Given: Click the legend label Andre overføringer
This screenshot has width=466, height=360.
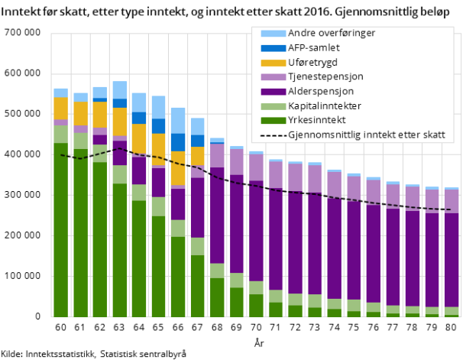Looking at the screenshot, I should click(331, 34).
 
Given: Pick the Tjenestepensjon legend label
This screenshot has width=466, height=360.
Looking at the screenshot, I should click(325, 77).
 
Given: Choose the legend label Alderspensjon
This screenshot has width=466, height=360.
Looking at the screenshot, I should click(321, 92).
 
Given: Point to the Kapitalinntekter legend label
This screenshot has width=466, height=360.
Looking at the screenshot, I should click(325, 106).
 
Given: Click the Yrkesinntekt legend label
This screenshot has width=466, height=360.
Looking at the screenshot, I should click(317, 121).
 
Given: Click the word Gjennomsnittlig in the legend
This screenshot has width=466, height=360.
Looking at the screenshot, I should click(321, 135).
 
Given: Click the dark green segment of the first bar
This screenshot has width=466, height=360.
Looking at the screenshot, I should click(60, 229).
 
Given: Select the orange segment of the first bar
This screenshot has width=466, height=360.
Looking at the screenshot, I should click(60, 108).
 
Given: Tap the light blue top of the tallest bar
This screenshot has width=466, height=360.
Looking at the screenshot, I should click(120, 89).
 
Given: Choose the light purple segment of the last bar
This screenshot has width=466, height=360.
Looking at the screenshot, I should click(451, 201).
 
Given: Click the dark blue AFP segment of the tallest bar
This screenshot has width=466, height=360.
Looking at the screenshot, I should click(120, 103).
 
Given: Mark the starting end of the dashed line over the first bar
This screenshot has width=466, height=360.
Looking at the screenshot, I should click(60, 154).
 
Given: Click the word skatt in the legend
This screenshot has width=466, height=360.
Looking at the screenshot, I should click(432, 135).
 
